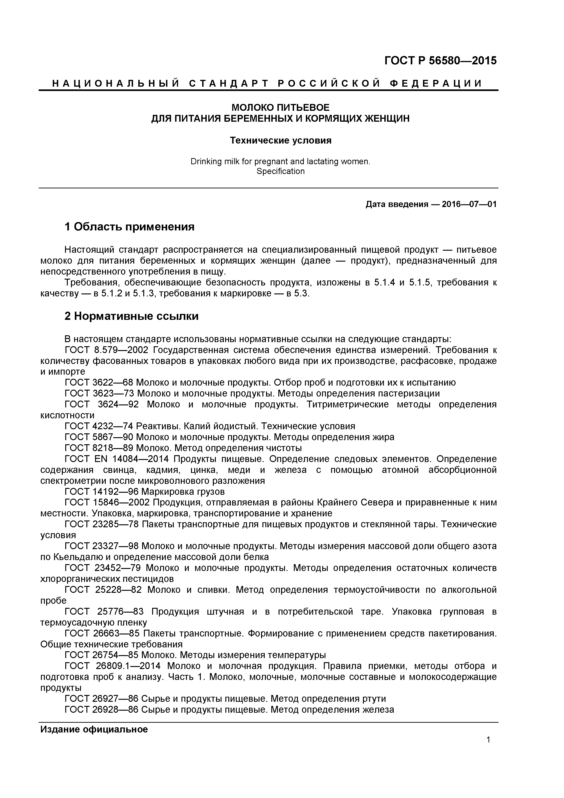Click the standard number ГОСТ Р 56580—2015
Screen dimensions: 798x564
[x=440, y=61]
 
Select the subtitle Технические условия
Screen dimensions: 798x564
[x=280, y=140]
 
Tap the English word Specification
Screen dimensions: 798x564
[x=280, y=171]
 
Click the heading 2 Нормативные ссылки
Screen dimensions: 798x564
[x=131, y=316]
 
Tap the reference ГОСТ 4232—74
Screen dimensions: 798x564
[x=99, y=426]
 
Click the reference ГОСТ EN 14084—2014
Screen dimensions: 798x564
[x=117, y=459]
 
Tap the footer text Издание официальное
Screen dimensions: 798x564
[x=94, y=729]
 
